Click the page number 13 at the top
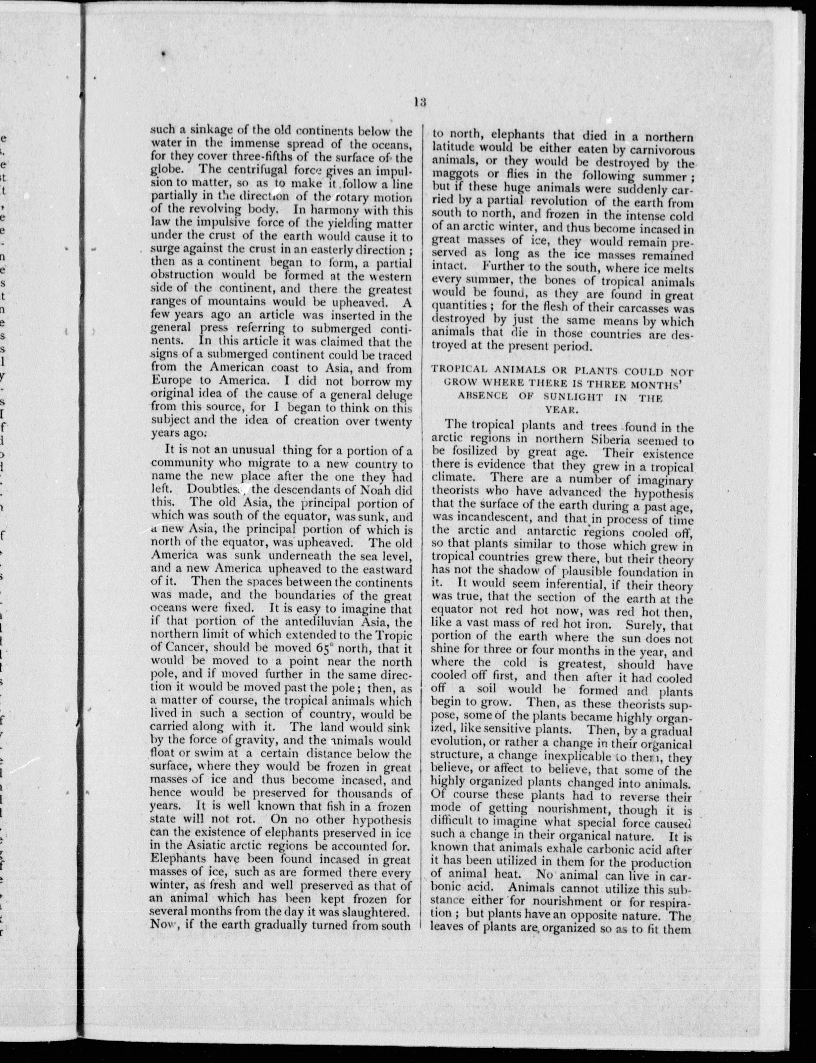pos(420,102)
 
